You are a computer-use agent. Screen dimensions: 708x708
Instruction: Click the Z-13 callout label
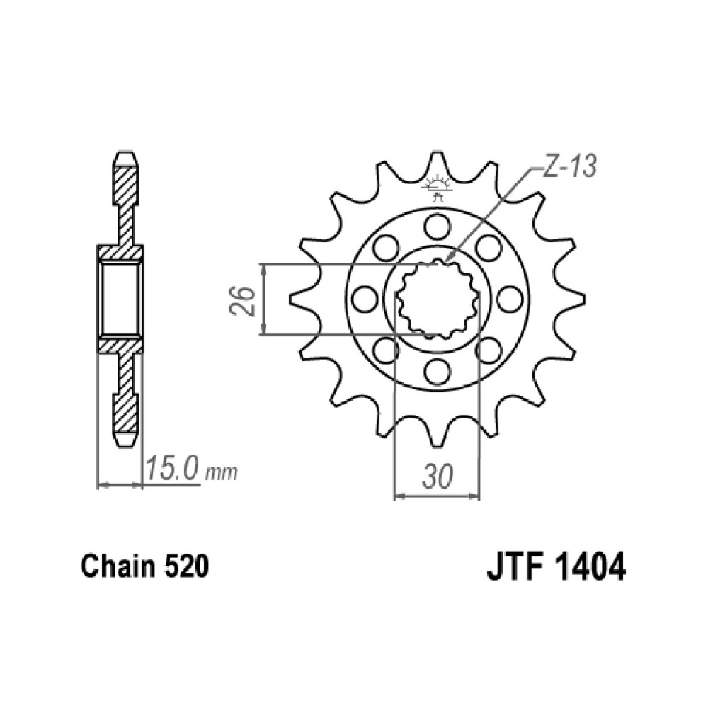[569, 166]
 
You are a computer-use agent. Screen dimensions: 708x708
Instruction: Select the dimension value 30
[436, 476]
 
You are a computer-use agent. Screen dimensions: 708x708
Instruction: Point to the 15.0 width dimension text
[172, 469]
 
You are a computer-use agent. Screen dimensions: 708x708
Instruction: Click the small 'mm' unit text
[221, 473]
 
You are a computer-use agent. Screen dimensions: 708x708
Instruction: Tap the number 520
[186, 567]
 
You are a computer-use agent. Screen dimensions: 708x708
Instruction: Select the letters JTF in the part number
[515, 568]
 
